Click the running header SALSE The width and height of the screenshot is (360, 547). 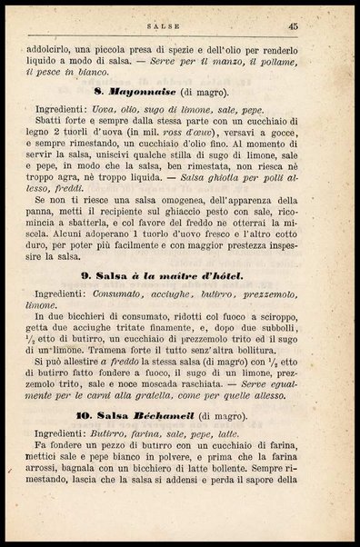(182, 28)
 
